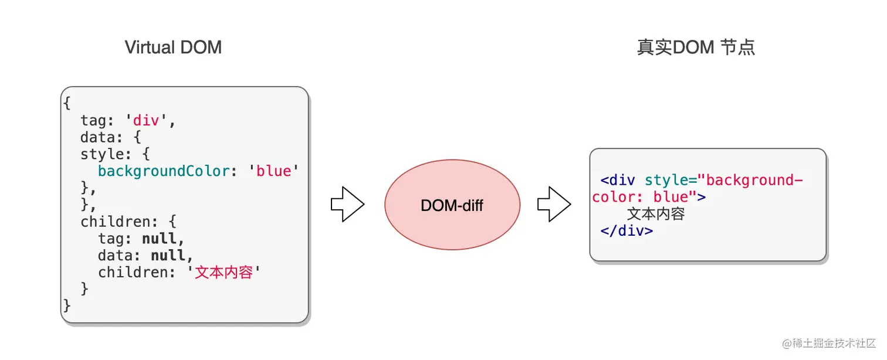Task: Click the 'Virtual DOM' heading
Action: [x=173, y=47]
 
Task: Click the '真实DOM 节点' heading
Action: [x=696, y=47]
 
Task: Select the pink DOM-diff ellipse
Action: [x=452, y=205]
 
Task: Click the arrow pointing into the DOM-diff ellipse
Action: [x=347, y=205]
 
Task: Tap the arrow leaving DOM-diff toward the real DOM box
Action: [x=554, y=205]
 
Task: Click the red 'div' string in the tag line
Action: [x=150, y=120]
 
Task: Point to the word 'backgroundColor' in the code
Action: [x=164, y=171]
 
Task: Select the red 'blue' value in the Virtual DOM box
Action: [x=274, y=171]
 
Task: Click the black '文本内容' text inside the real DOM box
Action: [x=656, y=214]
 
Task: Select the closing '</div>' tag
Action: [x=627, y=230]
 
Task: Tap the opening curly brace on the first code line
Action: [x=66, y=103]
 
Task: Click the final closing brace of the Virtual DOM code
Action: [x=66, y=306]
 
